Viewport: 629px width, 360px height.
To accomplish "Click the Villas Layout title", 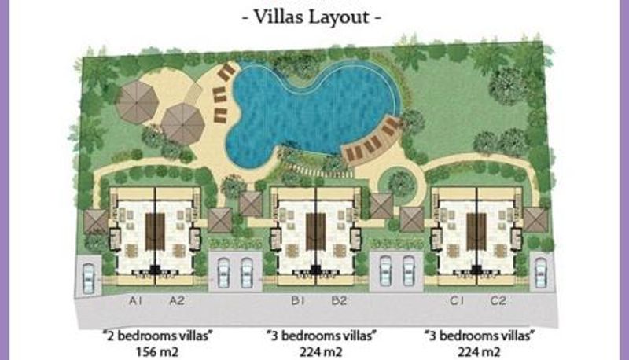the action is [311, 17].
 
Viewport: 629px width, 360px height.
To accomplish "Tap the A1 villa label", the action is [135, 300].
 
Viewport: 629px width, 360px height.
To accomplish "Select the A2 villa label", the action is [176, 300].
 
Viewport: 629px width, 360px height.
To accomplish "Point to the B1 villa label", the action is [298, 300].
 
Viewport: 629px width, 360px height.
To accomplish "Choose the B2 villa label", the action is [339, 300].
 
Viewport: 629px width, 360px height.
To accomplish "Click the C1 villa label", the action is [457, 300].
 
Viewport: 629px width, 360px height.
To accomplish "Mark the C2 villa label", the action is [498, 300].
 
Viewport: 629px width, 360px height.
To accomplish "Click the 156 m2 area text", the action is [156, 352].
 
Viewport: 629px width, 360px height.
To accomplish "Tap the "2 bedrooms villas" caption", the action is [158, 335].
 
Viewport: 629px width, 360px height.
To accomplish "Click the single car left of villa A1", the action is [88, 278].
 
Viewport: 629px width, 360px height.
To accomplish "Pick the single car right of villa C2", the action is [540, 273].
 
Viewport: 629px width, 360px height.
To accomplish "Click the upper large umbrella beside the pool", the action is [137, 101].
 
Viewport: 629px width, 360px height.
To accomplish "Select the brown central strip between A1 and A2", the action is [155, 232].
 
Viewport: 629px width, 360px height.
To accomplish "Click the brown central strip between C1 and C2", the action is [476, 232].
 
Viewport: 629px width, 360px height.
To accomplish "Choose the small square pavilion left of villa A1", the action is [96, 222].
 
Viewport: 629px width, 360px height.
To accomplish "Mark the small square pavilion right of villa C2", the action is [536, 219].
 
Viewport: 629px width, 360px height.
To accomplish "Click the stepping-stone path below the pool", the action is [321, 171].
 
